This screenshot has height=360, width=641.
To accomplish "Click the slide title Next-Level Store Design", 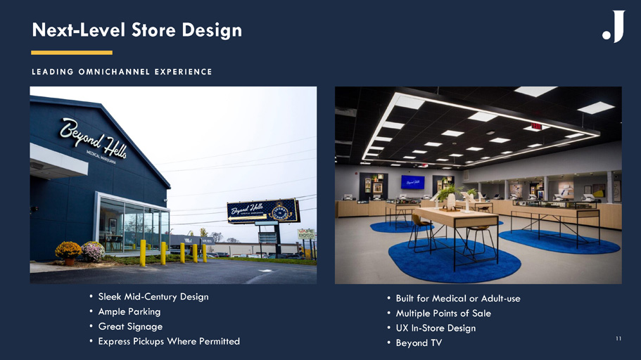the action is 137,30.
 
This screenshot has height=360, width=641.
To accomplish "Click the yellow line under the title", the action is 72,53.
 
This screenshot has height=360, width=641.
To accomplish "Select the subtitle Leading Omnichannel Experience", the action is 122,72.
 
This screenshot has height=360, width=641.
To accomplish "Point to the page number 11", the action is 618,338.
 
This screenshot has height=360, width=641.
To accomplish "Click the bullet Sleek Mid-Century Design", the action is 153,297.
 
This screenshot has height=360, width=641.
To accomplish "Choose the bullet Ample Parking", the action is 129,311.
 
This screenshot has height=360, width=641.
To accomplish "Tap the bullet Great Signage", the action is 130,326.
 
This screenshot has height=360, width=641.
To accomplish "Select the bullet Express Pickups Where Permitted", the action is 169,341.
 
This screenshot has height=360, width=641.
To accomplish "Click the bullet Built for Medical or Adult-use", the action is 458,298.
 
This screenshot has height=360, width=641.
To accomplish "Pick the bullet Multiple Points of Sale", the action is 443,314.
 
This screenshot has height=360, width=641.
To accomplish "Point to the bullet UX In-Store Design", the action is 436,328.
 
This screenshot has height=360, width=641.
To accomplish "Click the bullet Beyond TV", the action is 419,343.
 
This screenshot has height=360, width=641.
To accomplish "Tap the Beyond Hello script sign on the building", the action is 93,138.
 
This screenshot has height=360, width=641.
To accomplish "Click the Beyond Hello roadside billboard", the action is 263,211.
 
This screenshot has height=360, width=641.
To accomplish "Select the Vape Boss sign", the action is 306,233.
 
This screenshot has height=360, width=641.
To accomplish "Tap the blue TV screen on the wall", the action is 412,182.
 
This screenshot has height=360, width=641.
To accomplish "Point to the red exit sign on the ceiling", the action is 536,127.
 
